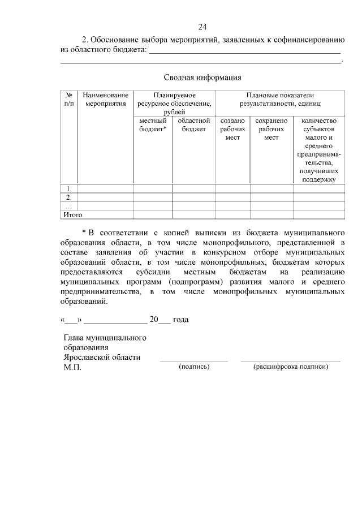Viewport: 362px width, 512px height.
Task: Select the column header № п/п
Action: coord(68,100)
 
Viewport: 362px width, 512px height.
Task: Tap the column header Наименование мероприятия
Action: coord(105,100)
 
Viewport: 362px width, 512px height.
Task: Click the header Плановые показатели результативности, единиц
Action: coord(280,100)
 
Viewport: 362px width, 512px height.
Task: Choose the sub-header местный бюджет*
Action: coord(153,125)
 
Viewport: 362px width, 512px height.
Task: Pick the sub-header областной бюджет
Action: coord(193,125)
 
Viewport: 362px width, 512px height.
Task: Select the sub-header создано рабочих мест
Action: coord(232,129)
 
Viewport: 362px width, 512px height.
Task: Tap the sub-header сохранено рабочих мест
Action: coord(271,129)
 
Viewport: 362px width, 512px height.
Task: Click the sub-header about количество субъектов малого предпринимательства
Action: coord(319,150)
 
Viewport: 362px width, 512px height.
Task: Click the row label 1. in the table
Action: coord(68,188)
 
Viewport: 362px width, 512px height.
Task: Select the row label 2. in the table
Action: coord(68,197)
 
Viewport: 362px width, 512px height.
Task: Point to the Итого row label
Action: coord(72,214)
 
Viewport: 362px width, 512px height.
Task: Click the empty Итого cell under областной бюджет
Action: coord(193,214)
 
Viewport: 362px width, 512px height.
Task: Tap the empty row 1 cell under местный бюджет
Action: coord(153,188)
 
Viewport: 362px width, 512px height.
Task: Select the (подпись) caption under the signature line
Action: coord(194,367)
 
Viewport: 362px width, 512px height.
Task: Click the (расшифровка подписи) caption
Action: coord(291,367)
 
